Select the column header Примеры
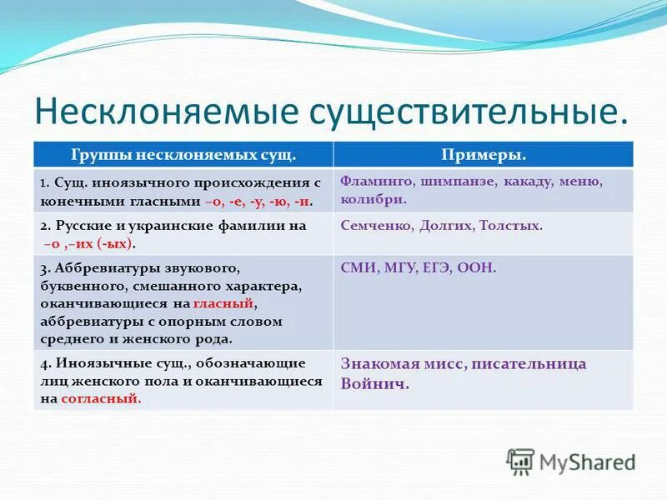(483, 155)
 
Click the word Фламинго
(371, 181)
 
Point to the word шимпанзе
(450, 181)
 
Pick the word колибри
(374, 200)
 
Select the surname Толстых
(512, 225)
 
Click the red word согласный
(101, 398)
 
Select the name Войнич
(375, 385)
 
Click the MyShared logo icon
(520, 462)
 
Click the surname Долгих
(444, 225)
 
